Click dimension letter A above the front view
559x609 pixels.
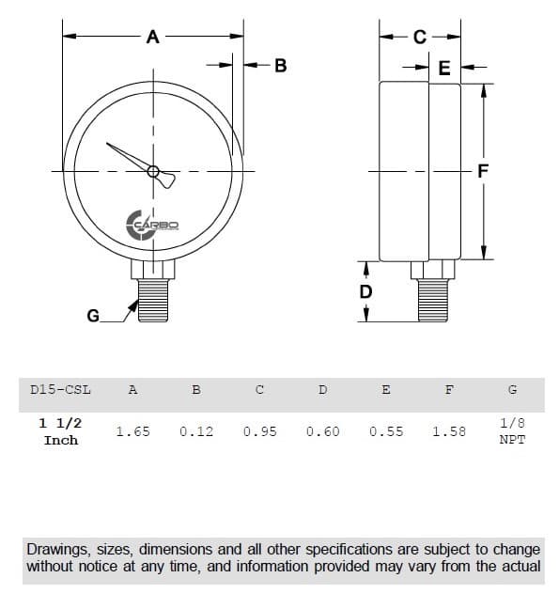point(153,37)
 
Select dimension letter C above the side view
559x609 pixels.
point(419,37)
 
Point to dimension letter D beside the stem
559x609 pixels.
point(365,291)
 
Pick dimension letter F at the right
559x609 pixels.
point(483,171)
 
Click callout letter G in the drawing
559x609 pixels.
point(92,316)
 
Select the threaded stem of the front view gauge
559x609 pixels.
point(153,301)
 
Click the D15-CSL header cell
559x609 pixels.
point(60,389)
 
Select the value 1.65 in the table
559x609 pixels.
point(132,432)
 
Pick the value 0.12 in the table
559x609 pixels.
point(195,432)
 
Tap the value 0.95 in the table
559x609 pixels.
point(259,432)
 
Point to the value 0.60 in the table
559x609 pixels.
point(322,432)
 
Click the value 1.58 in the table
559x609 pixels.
point(449,432)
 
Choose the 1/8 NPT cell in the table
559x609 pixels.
point(512,431)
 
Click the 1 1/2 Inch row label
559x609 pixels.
point(60,431)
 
